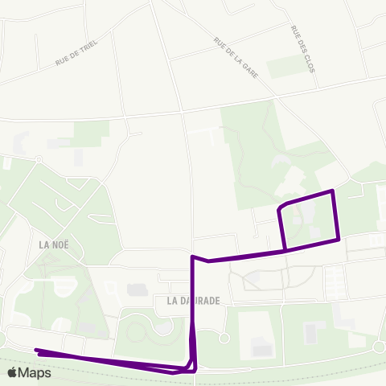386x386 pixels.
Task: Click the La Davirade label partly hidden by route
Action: click(193, 300)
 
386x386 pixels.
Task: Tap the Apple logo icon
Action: click(14, 372)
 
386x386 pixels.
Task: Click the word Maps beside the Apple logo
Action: click(36, 372)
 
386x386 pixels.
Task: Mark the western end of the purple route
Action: click(36, 350)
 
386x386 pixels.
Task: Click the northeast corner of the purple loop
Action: click(333, 191)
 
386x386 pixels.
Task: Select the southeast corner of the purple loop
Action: click(339, 238)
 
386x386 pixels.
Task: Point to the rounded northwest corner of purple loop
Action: click(279, 208)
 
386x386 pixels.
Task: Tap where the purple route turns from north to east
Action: click(192, 257)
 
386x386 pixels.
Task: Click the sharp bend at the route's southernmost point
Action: click(177, 372)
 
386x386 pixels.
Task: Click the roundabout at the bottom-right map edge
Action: click(380, 345)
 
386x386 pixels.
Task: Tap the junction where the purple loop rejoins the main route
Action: click(285, 250)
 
